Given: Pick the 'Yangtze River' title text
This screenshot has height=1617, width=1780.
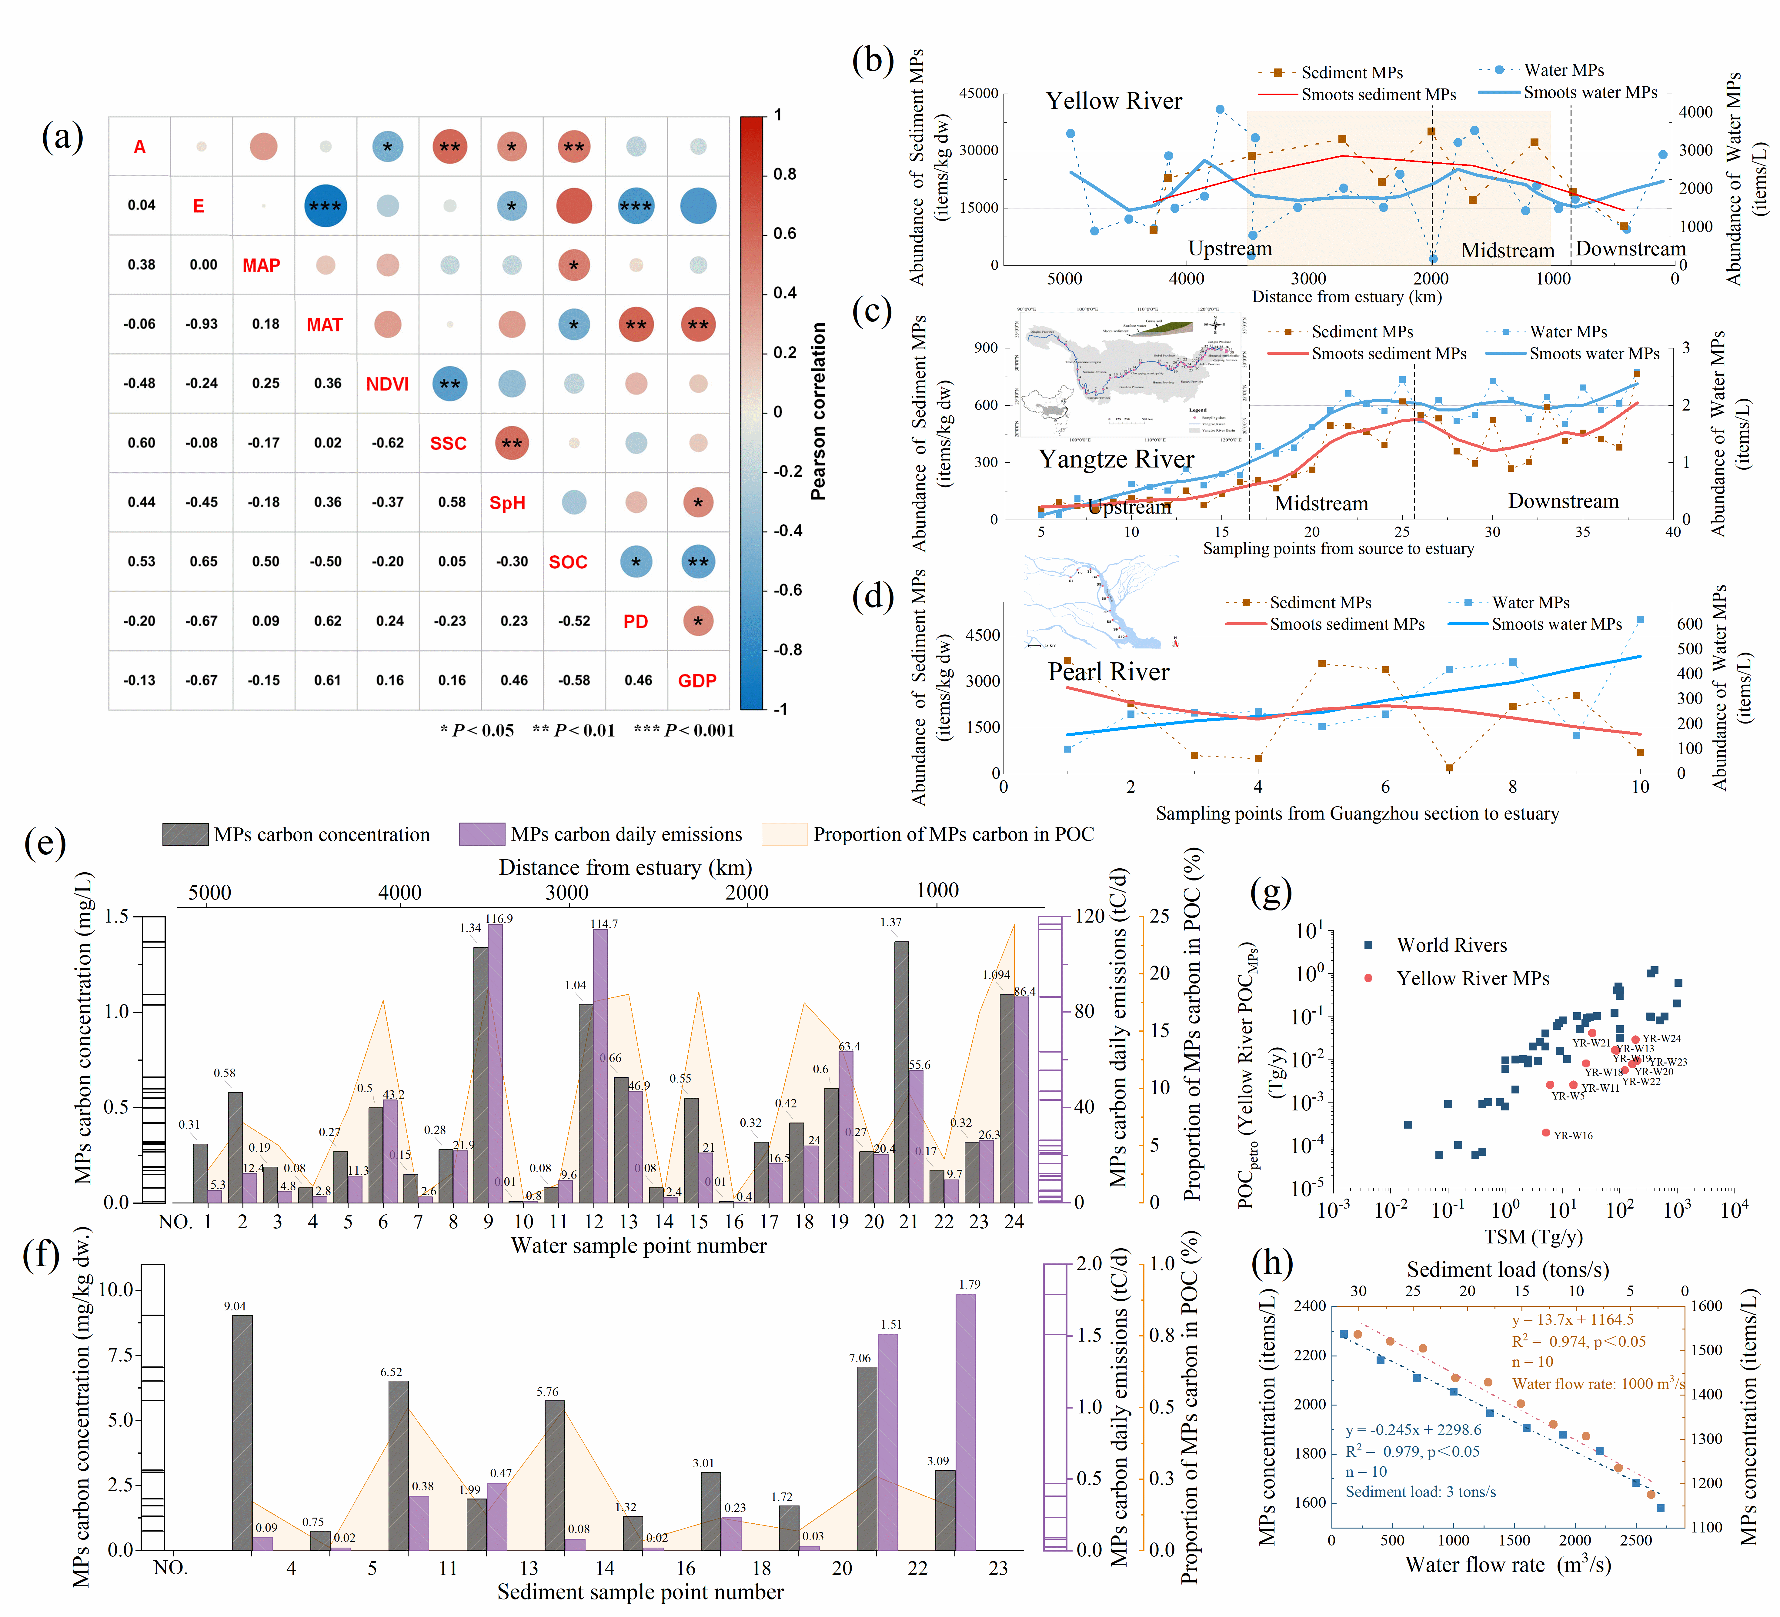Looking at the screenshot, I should [1116, 459].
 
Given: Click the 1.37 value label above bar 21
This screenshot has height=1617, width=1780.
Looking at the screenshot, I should [891, 922].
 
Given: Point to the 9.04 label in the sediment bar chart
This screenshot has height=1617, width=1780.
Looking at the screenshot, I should [235, 1306].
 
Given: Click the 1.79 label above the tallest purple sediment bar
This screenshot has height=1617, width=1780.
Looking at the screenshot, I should [970, 1284].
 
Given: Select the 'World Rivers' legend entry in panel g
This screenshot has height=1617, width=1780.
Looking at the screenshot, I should [1451, 945].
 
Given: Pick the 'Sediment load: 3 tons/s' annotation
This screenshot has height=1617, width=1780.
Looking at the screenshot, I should [1421, 1492].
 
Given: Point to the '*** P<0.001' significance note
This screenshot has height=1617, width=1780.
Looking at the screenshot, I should [684, 730].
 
